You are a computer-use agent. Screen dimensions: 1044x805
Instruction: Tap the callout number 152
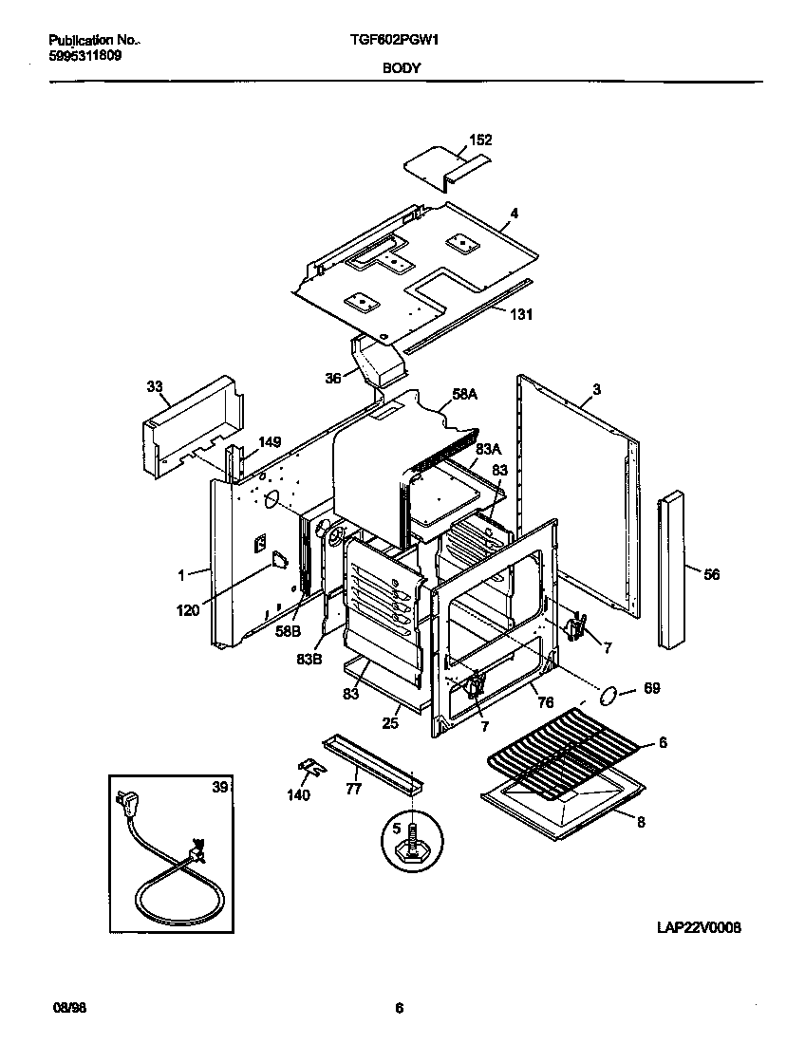pyautogui.click(x=481, y=140)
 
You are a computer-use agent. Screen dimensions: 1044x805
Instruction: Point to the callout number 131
pyautogui.click(x=521, y=315)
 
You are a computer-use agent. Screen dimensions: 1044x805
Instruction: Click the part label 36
pyautogui.click(x=333, y=377)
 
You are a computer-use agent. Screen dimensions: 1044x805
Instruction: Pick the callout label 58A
pyautogui.click(x=464, y=394)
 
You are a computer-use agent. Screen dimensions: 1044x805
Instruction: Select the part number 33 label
pyautogui.click(x=155, y=386)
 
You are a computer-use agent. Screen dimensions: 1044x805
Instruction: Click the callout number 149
pyautogui.click(x=271, y=441)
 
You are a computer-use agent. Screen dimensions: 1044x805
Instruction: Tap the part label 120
pyautogui.click(x=188, y=610)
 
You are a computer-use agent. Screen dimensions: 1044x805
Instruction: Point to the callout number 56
pyautogui.click(x=711, y=573)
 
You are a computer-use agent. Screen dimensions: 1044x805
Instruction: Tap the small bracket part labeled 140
pyautogui.click(x=307, y=765)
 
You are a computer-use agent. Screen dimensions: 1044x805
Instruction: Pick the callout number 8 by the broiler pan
pyautogui.click(x=641, y=822)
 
